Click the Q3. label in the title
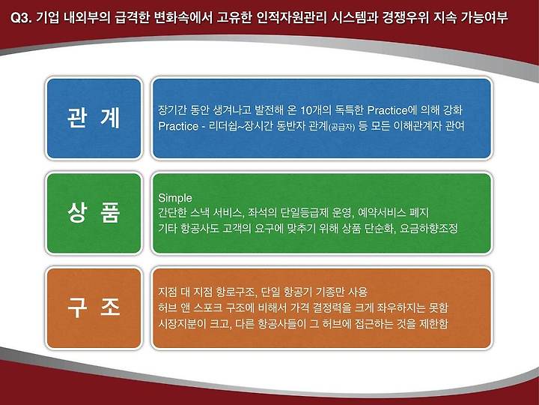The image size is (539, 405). coord(21,17)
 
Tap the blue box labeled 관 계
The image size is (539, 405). coord(94,118)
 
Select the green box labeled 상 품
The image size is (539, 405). coord(94,213)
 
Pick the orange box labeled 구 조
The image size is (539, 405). coord(94,308)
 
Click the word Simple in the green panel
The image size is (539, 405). coord(175,198)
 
